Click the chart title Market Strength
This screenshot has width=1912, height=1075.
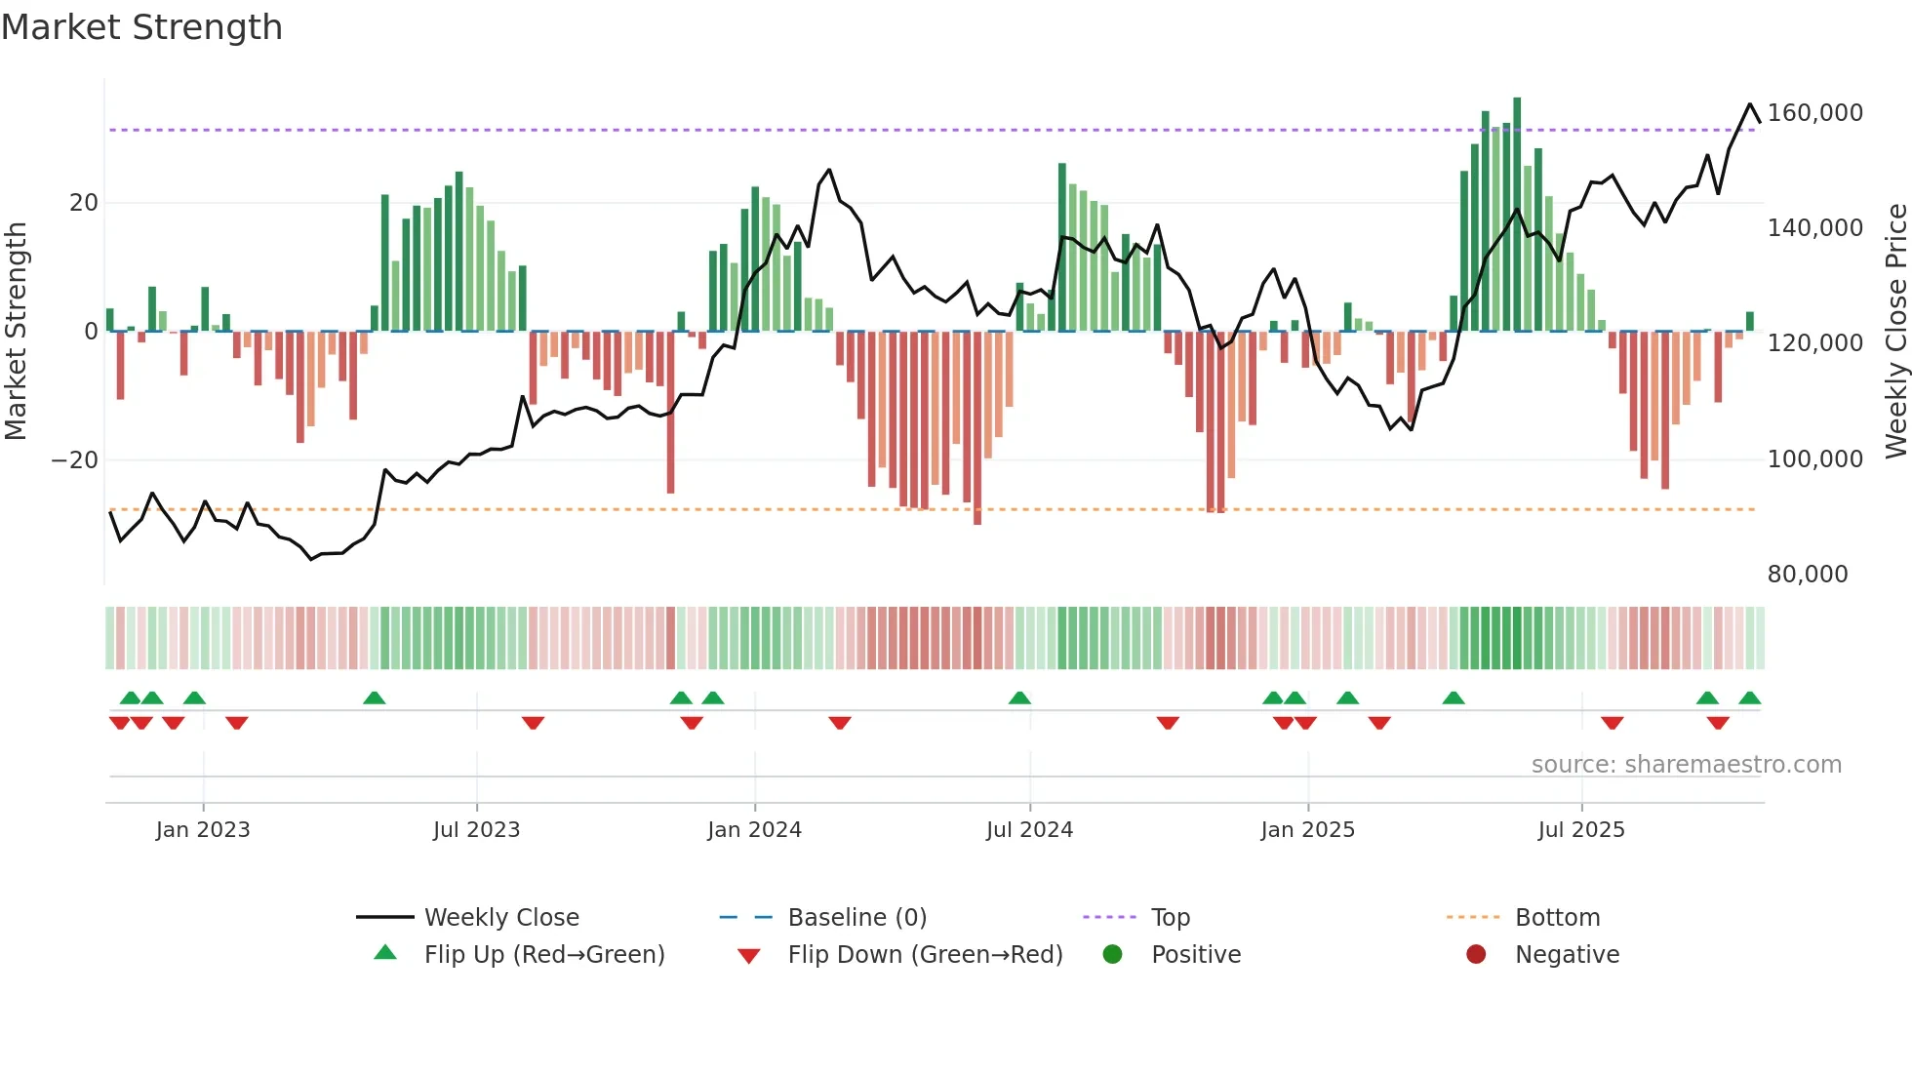(141, 27)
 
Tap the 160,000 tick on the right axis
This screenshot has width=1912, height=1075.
(1814, 113)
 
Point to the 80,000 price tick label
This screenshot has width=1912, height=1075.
(1807, 575)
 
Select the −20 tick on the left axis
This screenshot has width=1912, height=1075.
(74, 460)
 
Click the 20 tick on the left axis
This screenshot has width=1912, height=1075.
(84, 203)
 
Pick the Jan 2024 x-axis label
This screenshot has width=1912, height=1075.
(754, 830)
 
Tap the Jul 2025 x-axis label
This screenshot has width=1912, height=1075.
(1580, 830)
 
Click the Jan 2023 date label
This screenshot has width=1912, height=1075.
(203, 830)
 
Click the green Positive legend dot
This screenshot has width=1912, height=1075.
(1112, 955)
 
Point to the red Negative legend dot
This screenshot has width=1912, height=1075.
(1476, 955)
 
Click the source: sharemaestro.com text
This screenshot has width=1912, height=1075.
(1686, 765)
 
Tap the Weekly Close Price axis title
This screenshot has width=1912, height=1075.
(1895, 332)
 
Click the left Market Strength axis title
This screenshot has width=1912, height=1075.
(16, 332)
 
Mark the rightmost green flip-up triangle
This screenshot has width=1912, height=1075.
(1749, 698)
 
